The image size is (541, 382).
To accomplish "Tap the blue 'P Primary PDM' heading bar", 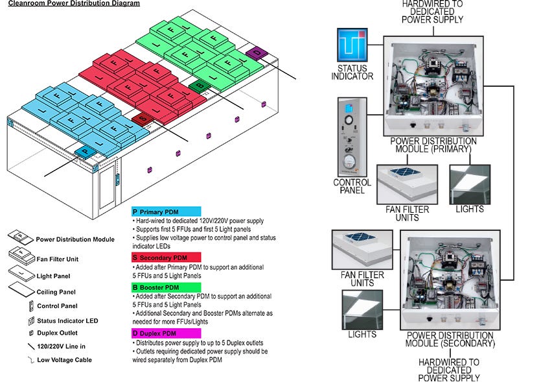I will pyautogui.click(x=169, y=212).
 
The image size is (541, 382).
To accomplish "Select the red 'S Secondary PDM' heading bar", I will pyautogui.click(x=169, y=257).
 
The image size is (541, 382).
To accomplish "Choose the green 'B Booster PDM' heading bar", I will pyautogui.click(x=169, y=287).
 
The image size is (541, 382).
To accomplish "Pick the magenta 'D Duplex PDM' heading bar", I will pyautogui.click(x=169, y=333).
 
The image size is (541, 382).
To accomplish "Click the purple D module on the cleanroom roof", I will pyautogui.click(x=256, y=52).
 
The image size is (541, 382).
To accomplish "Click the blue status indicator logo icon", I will pyautogui.click(x=351, y=44).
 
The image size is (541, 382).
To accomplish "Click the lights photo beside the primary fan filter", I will pyautogui.click(x=470, y=184).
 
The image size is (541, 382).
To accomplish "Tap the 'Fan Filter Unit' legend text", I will pyautogui.click(x=58, y=259).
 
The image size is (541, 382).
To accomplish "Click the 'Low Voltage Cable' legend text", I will pyautogui.click(x=65, y=359).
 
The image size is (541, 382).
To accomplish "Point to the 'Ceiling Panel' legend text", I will pyautogui.click(x=56, y=292).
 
